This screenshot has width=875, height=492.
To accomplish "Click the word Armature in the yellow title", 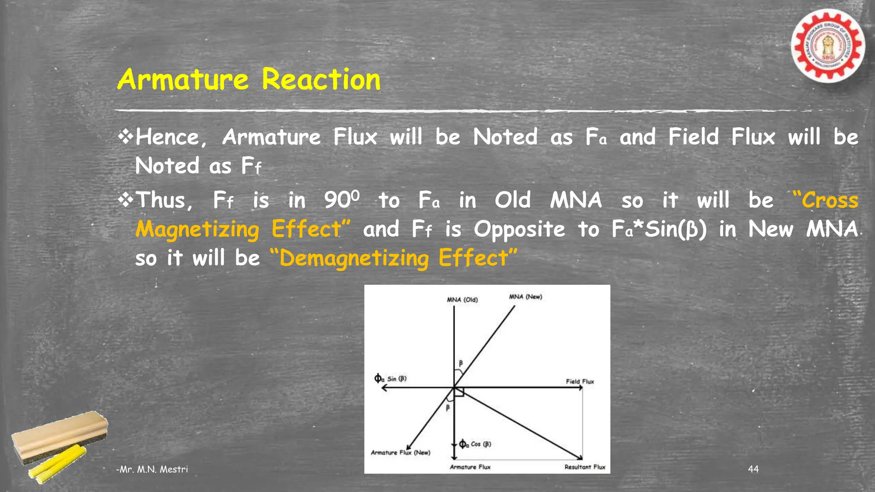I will tap(183, 80).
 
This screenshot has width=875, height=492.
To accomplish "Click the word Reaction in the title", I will tap(321, 80).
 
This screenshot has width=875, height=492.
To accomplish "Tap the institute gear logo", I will tap(828, 46).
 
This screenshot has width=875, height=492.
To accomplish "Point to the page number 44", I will tap(753, 469).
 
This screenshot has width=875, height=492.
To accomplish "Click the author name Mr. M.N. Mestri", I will tap(153, 469).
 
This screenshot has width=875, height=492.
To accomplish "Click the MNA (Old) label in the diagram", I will tap(462, 300).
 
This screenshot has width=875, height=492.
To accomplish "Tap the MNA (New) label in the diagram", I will tap(526, 297).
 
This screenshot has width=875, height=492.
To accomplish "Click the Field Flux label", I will tap(580, 381).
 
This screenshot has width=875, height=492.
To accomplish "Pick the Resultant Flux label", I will tap(585, 467).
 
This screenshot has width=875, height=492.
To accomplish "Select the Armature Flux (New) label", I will tap(400, 452).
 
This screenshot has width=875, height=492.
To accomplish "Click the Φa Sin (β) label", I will tap(391, 378).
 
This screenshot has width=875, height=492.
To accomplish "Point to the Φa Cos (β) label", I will tap(475, 444).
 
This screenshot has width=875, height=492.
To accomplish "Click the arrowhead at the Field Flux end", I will tap(581, 388).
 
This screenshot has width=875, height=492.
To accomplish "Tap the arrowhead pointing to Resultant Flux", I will tap(579, 458).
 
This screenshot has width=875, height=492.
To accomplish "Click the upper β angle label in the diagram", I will tap(461, 363).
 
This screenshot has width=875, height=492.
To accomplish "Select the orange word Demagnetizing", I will tap(354, 258).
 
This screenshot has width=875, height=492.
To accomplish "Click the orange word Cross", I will tap(830, 200).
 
